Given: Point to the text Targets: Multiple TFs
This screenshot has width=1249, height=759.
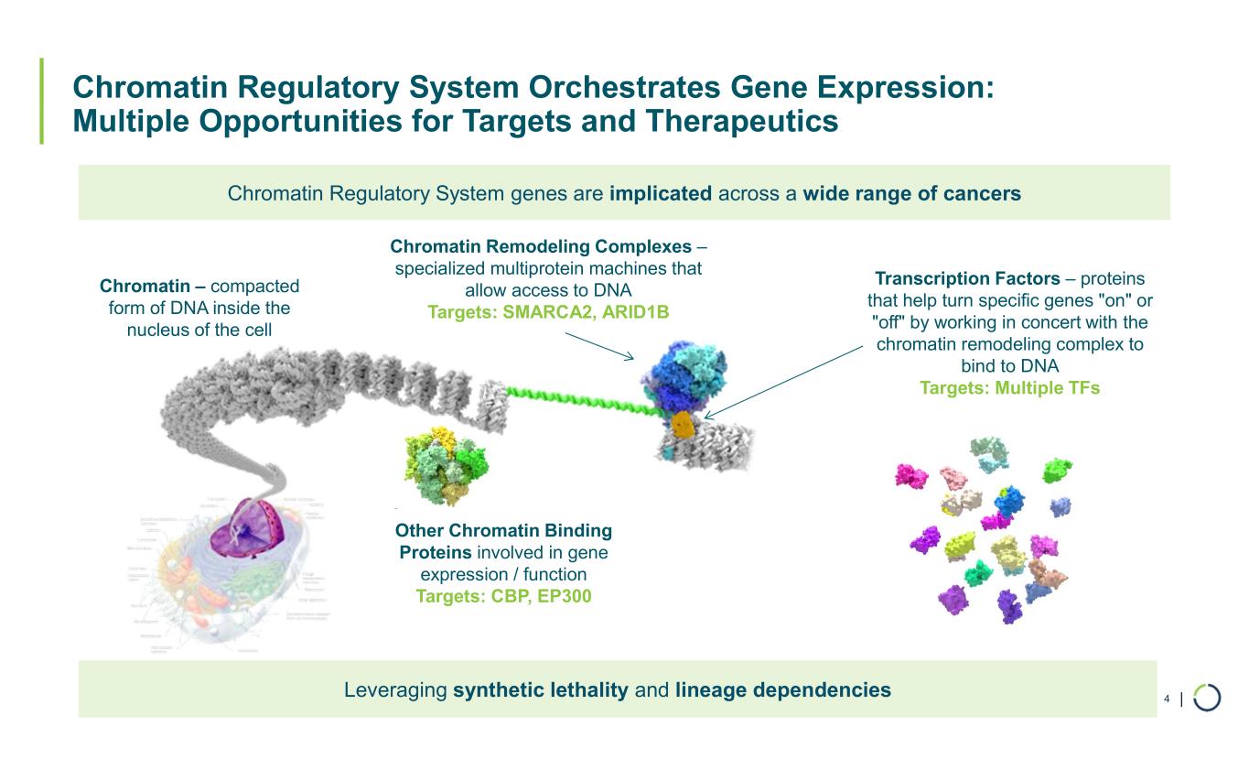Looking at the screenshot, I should point(1009,388).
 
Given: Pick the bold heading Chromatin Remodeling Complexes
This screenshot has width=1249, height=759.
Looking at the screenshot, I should point(541,246).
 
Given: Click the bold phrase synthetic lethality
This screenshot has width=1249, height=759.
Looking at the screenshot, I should point(540,689).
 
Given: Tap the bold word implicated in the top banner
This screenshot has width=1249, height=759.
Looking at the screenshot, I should point(660,193).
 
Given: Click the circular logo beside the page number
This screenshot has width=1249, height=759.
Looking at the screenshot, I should point(1207,698).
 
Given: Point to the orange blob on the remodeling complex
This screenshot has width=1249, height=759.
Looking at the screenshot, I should point(682,424).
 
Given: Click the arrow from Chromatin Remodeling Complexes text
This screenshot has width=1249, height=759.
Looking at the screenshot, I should point(599,345).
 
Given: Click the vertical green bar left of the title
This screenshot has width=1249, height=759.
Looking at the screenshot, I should point(41,102).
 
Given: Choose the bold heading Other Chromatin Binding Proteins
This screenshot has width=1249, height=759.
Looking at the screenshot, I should point(502,542).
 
